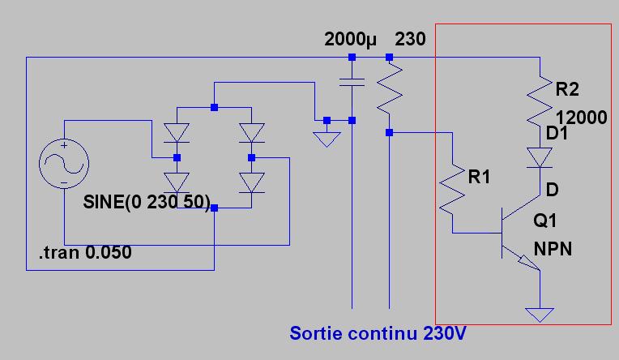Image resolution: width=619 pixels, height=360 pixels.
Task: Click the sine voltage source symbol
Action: coord(63,162)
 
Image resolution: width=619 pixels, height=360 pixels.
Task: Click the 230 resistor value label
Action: coord(409,40)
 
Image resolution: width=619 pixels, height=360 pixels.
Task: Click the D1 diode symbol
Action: coord(540,156)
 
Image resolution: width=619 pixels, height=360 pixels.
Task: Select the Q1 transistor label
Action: coord(547,221)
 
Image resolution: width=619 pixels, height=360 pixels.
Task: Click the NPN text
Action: coord(553,248)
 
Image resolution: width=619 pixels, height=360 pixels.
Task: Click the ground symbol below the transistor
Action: coord(540,314)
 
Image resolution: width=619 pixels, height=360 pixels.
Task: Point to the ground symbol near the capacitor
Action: coord(327,139)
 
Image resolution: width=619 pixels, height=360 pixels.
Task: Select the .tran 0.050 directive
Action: coord(85,254)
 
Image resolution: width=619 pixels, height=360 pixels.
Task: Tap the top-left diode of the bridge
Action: coord(177,131)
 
